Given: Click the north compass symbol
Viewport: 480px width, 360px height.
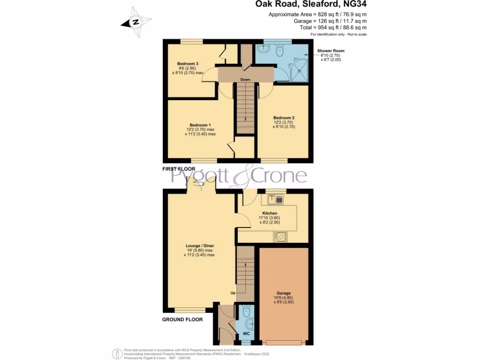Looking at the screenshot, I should [136, 22].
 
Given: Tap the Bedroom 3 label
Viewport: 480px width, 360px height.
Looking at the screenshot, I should [187, 64].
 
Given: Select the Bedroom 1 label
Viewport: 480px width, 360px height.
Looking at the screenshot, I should [200, 125].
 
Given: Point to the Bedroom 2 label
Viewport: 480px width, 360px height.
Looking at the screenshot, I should [284, 118].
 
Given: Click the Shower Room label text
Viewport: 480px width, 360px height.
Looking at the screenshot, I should [331, 51].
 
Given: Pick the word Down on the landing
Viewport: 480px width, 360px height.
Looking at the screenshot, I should [245, 80].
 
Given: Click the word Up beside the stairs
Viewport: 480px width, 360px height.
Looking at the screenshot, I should [232, 293].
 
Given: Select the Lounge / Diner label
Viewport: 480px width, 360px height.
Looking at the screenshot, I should [200, 246].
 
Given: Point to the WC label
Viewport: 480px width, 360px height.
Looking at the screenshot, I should [246, 334].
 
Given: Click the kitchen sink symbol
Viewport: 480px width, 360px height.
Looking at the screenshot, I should [276, 200].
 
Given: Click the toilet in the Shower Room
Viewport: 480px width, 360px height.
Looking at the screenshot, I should [280, 50].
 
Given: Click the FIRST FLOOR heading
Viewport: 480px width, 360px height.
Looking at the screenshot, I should [179, 168].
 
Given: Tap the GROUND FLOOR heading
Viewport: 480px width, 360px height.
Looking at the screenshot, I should [182, 320].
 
